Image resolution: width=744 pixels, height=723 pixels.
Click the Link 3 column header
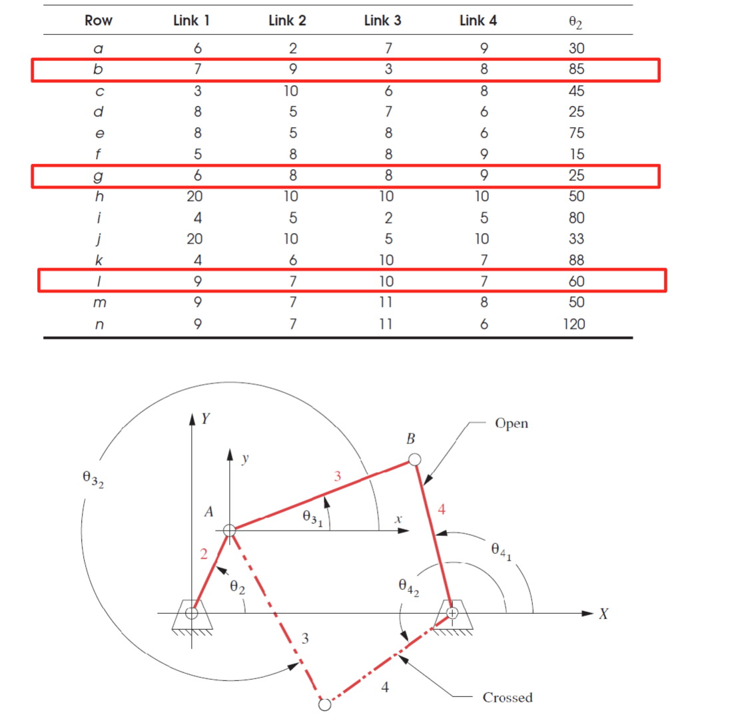pos(382,21)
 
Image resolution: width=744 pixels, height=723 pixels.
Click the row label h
pos(99,196)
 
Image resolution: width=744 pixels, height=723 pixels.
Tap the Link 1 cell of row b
pos(197,69)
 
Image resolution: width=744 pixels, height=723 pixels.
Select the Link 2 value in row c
pos(291,91)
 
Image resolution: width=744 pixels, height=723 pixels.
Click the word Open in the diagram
pos(512,423)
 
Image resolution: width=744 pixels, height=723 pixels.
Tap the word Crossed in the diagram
pos(508,697)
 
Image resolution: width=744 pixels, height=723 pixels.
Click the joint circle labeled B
pos(414,459)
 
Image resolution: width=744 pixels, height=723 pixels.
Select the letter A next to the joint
pos(209,512)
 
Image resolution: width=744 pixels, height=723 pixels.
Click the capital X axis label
pos(602,614)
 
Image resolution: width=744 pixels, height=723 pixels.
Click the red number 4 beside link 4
pos(442,510)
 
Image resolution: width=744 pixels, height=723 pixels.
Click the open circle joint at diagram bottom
pos(325,704)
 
